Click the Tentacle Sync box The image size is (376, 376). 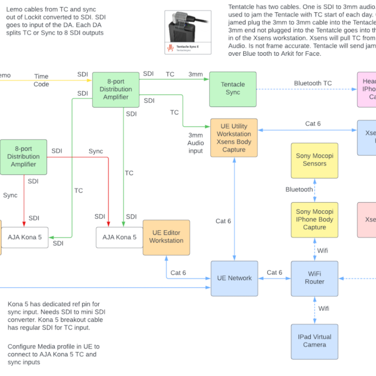pos(233,89)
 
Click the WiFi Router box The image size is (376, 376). pos(314,278)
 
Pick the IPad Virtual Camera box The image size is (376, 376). pos(314,341)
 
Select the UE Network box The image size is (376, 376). pos(234,278)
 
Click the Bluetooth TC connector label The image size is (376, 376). pos(313,83)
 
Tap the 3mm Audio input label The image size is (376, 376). pos(196,143)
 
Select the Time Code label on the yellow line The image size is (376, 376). pos(41,80)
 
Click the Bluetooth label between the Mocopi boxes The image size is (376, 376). pos(299,190)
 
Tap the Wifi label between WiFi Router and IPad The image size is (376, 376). pos(323,308)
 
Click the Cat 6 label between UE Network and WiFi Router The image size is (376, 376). pos(274,272)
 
